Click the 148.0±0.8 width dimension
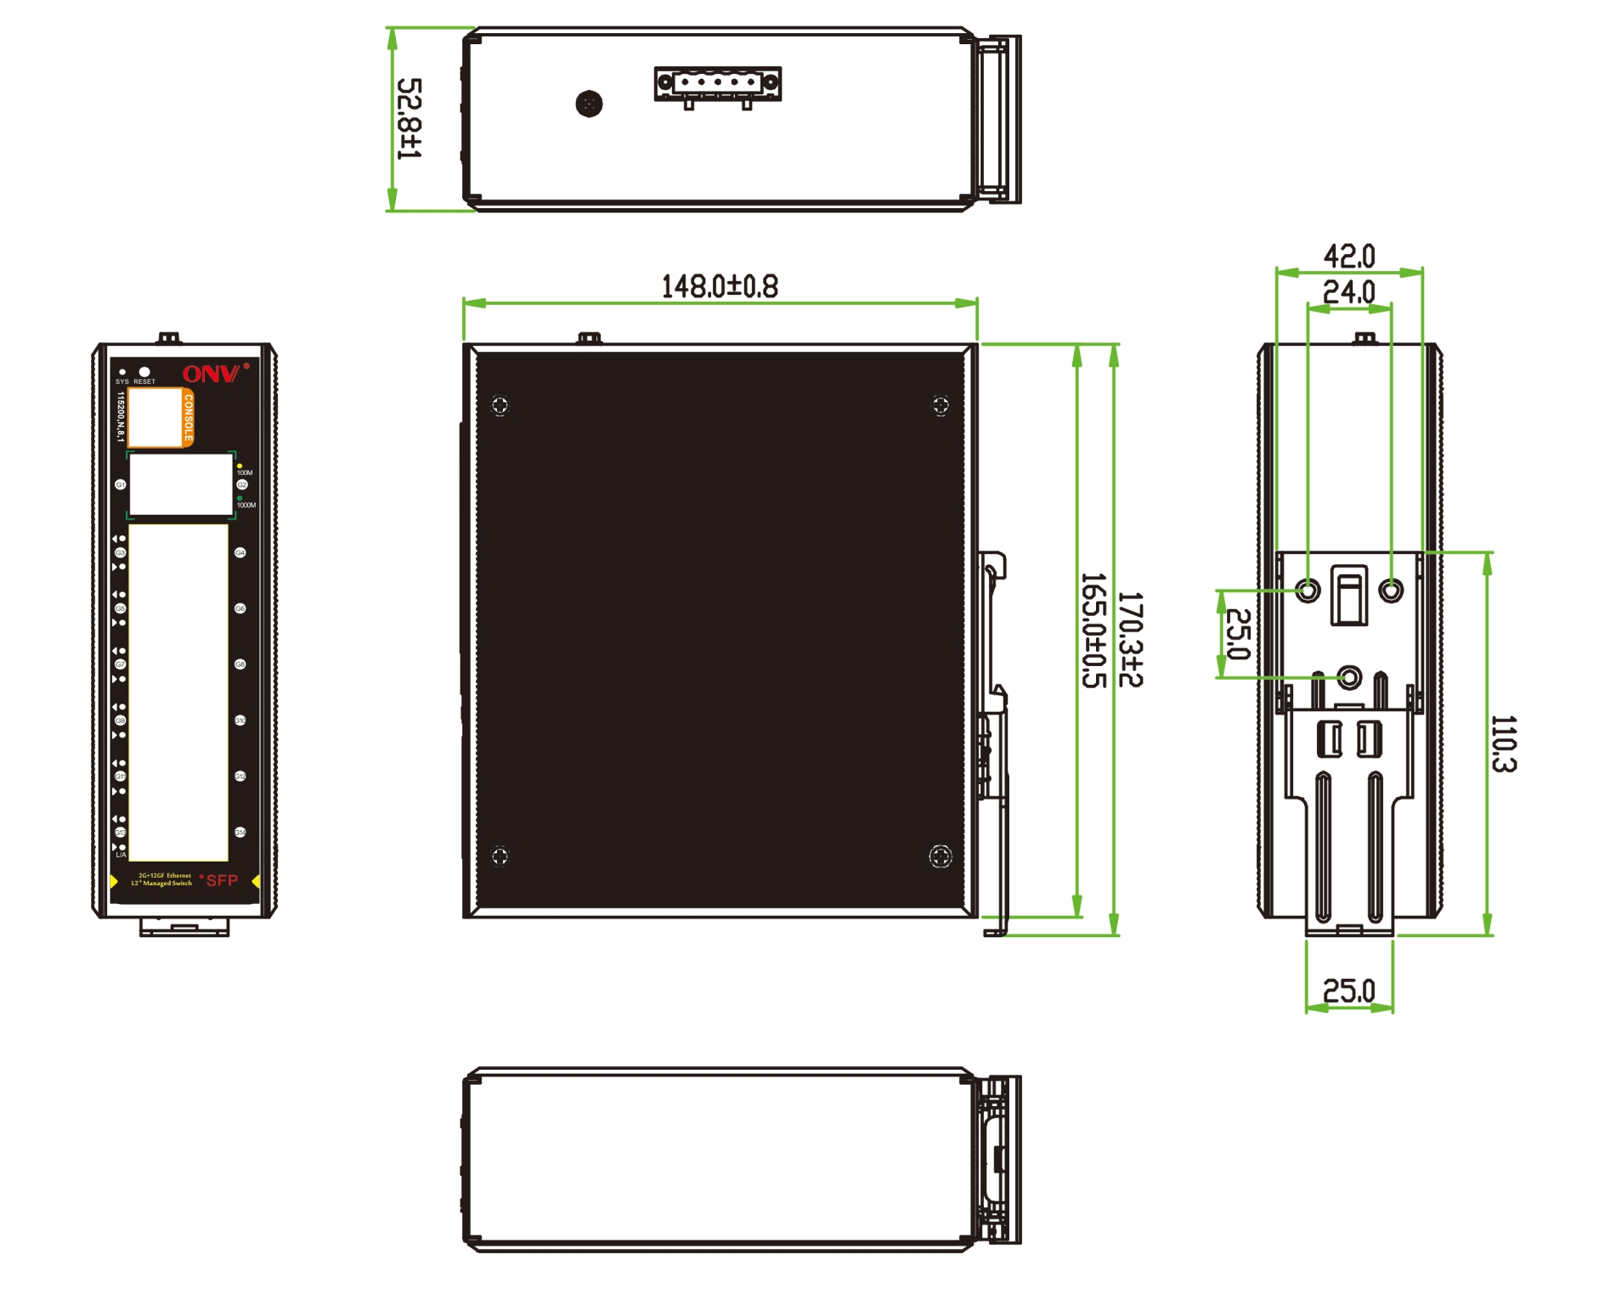click(719, 286)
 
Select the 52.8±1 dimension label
click(409, 119)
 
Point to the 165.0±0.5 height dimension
click(1093, 630)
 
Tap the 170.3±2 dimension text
click(1130, 639)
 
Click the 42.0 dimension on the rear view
click(1348, 255)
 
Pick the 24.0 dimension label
click(1348, 292)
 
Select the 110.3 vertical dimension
click(1503, 743)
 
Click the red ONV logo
click(211, 374)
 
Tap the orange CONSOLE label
click(188, 417)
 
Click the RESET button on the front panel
click(144, 372)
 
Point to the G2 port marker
click(241, 485)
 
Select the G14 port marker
click(240, 833)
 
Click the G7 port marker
click(120, 664)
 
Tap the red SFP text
click(222, 881)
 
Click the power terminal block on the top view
click(717, 83)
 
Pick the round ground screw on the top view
click(589, 104)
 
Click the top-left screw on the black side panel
click(500, 405)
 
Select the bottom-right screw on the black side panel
click(941, 856)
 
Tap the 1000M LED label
click(246, 506)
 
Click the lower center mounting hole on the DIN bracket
click(1348, 677)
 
